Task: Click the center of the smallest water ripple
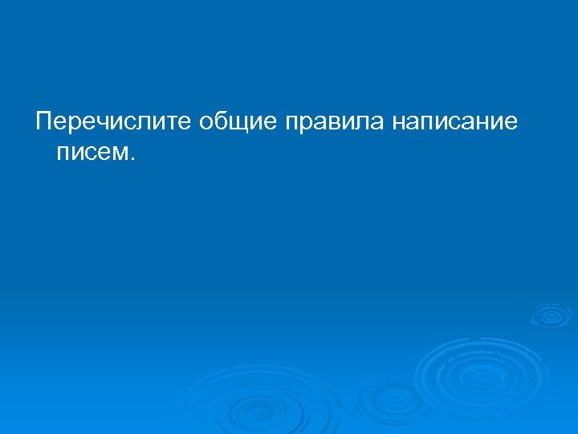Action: pyautogui.click(x=550, y=315)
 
